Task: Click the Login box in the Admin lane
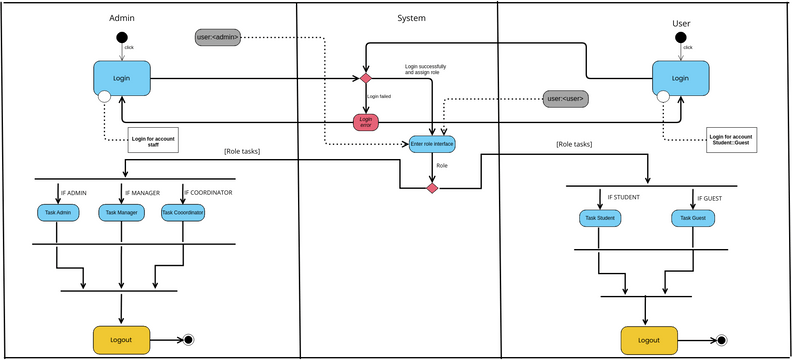[122, 78]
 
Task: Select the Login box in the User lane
[680, 78]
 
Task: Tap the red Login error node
[366, 122]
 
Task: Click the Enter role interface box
[432, 144]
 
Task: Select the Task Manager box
[121, 212]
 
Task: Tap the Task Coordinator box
[183, 212]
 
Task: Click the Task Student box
[599, 218]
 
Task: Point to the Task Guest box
[693, 218]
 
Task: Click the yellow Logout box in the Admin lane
[121, 340]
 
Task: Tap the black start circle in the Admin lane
[122, 39]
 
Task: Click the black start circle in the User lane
[680, 39]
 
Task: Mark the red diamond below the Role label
[432, 188]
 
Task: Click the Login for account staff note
[153, 141]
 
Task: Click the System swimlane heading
[411, 18]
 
